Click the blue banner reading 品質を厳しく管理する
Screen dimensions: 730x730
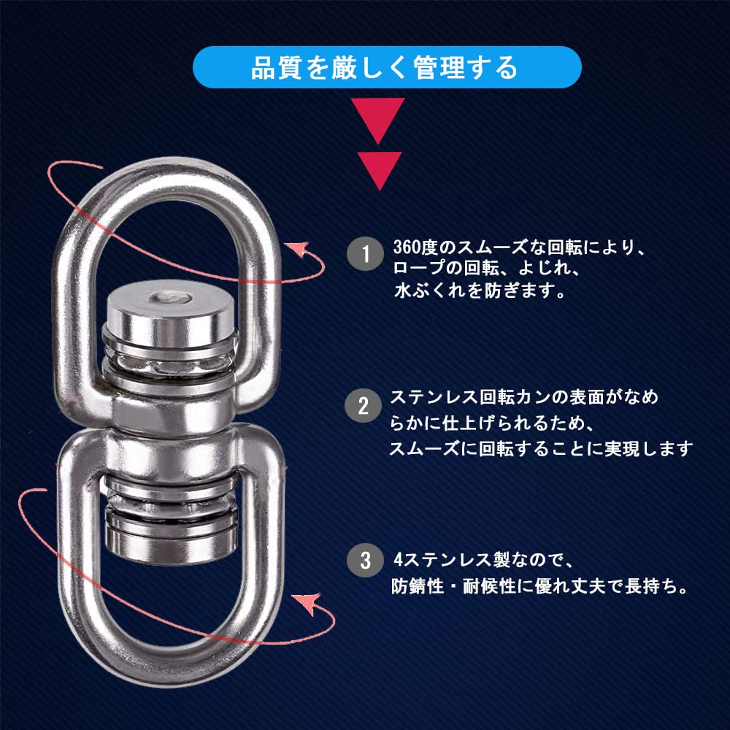click(387, 67)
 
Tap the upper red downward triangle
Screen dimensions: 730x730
click(378, 119)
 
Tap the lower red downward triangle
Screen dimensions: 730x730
click(380, 169)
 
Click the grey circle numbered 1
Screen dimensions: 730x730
click(365, 254)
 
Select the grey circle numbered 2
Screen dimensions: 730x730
click(363, 405)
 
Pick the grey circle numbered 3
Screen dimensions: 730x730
click(366, 560)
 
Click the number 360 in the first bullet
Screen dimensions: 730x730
click(407, 247)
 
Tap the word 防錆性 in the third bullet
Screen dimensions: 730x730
click(417, 585)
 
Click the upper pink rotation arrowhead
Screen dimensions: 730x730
click(299, 249)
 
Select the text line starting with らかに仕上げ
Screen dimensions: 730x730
click(491, 423)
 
